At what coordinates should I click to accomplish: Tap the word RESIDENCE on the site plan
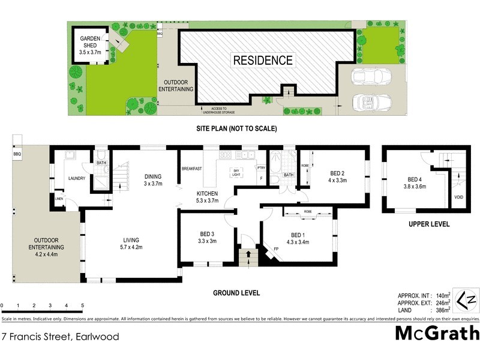pos(263,60)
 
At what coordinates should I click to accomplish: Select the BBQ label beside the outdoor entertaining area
pos(16,155)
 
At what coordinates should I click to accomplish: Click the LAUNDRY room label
pos(76,178)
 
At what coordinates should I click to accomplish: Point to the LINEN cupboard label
pos(59,199)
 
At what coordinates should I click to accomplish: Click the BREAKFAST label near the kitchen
pos(192,169)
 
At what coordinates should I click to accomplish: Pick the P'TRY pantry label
pos(260,169)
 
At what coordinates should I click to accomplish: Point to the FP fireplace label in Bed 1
pos(277,248)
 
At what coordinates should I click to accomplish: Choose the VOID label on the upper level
pos(458,196)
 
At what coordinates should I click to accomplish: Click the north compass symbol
pos(466,299)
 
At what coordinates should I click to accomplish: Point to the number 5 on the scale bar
pos(82,305)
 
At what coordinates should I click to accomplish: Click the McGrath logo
pos(437,333)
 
